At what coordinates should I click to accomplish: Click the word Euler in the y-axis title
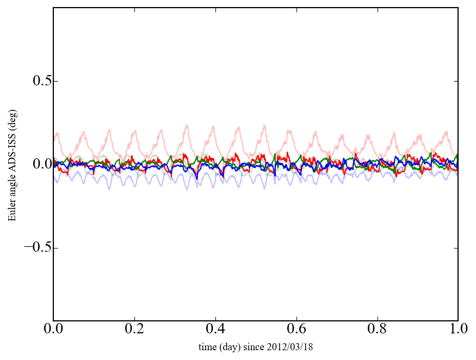12,211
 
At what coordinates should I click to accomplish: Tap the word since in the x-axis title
254,347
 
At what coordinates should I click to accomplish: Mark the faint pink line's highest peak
187,125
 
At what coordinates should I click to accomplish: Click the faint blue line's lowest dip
187,189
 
